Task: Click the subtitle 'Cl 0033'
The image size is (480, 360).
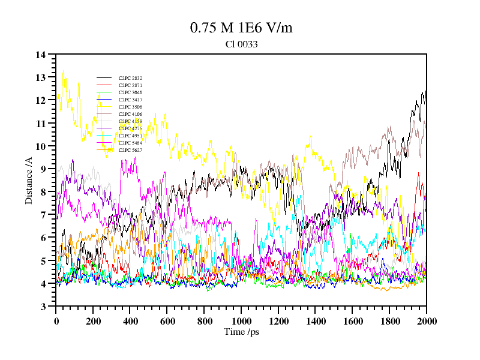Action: click(x=241, y=44)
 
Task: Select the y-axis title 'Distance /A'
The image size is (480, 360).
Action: click(x=29, y=180)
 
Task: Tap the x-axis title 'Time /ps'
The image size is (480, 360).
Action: click(x=241, y=332)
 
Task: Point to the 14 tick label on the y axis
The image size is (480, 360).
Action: click(x=41, y=55)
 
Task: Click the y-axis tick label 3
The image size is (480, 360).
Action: click(x=43, y=307)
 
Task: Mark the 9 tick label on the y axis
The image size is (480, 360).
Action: click(x=43, y=169)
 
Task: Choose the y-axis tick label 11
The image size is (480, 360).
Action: click(x=41, y=124)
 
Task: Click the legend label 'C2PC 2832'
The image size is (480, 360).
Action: click(x=130, y=78)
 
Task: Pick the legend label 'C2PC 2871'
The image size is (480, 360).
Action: click(x=130, y=85)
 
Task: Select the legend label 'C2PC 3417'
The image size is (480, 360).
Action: click(x=130, y=100)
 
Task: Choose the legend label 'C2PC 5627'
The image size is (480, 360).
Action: click(x=130, y=150)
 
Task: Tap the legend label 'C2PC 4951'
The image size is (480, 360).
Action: click(x=130, y=136)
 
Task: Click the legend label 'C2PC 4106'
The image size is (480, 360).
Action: click(x=130, y=114)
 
